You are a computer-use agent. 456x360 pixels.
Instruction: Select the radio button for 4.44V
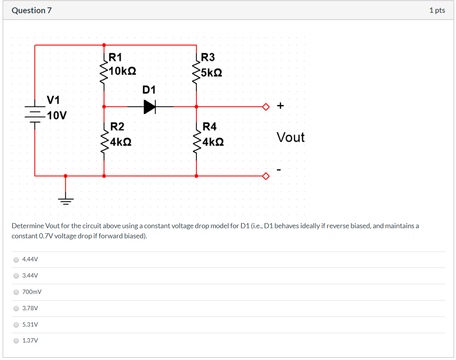click(x=16, y=259)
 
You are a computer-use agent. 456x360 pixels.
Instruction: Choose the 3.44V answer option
click(x=16, y=276)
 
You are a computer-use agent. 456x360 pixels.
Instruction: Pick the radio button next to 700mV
click(x=16, y=292)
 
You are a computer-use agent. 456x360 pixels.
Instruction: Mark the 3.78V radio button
click(x=16, y=308)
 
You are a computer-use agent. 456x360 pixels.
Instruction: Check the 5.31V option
click(x=16, y=325)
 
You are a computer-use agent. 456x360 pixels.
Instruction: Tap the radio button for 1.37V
click(x=16, y=341)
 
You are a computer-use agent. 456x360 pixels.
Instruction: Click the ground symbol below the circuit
click(x=65, y=201)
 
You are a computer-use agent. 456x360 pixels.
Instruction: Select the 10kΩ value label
click(x=122, y=71)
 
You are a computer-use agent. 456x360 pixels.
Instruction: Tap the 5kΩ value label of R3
click(x=212, y=73)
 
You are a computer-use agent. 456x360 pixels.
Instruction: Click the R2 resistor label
click(x=117, y=127)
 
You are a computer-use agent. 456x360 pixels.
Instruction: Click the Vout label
click(x=290, y=137)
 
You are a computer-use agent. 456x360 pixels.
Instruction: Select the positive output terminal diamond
click(x=266, y=107)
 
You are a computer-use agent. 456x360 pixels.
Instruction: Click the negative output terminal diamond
click(x=266, y=176)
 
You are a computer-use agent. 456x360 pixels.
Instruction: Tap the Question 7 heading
click(x=31, y=10)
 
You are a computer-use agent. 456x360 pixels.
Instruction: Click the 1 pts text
click(x=437, y=10)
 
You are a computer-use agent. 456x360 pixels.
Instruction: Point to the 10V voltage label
click(x=57, y=115)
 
